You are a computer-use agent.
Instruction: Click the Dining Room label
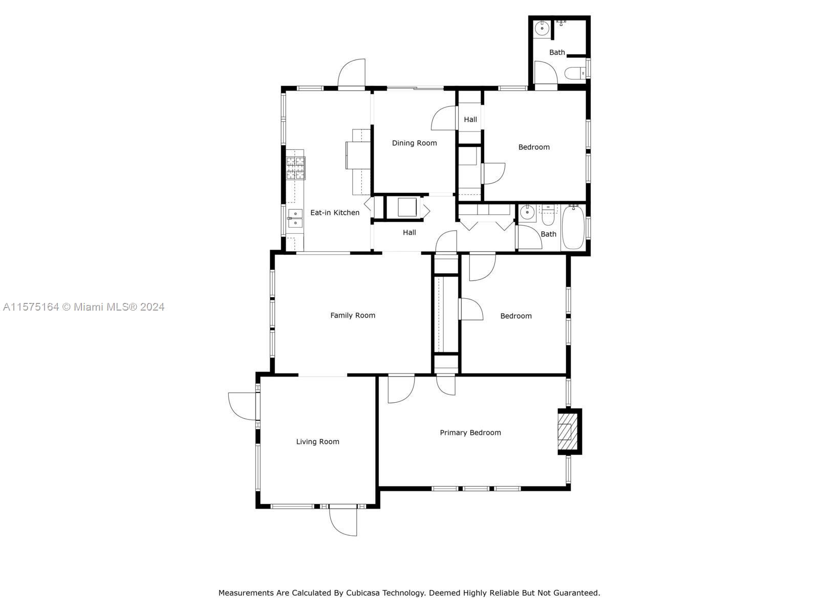point(414,143)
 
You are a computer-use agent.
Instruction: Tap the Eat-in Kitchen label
point(335,212)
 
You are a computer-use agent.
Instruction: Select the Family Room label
point(353,315)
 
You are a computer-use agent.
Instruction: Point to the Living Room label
point(317,442)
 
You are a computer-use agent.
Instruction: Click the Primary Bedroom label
point(470,432)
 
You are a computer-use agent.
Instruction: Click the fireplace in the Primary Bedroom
point(569,432)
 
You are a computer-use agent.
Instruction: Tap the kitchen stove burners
point(295,168)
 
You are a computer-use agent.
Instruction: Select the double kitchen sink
point(295,218)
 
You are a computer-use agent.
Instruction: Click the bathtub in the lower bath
point(573,227)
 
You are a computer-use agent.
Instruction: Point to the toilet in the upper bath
point(575,73)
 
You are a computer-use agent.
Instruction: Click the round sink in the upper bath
point(541,28)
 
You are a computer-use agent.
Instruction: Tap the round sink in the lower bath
point(527,213)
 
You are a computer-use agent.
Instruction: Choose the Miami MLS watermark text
point(83,307)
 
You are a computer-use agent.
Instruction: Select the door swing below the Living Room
point(343,521)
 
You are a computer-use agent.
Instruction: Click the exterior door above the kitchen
point(352,74)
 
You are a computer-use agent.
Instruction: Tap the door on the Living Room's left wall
point(243,406)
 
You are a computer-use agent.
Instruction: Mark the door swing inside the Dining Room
point(444,118)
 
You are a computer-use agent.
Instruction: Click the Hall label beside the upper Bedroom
point(470,119)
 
